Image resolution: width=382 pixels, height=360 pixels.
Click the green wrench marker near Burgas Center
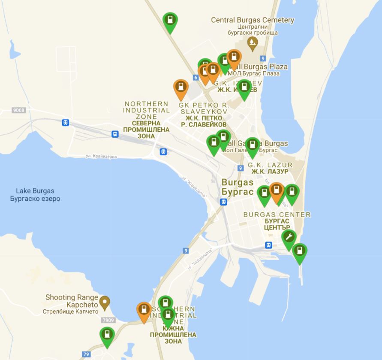tap(289, 238)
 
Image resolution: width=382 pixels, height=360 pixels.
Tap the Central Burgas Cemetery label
tap(253, 20)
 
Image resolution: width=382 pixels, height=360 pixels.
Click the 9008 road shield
tap(19, 110)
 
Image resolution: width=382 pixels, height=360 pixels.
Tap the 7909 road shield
tap(108, 320)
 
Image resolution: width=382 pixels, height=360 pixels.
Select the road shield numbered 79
tap(86, 354)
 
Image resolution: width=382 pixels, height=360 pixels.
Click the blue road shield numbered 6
tap(196, 77)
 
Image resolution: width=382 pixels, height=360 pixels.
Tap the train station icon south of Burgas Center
tap(268, 245)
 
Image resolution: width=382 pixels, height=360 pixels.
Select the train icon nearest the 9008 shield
tap(65, 122)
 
